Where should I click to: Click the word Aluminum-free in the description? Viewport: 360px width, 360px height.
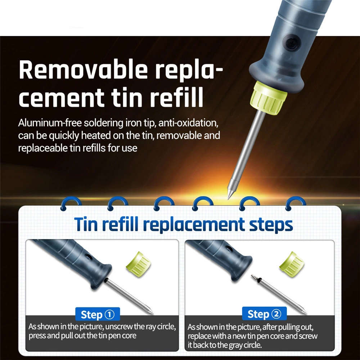pyautogui.click(x=50, y=123)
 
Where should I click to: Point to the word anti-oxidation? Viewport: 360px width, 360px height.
pyautogui.click(x=188, y=123)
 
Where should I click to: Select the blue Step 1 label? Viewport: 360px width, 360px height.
pyautogui.click(x=98, y=314)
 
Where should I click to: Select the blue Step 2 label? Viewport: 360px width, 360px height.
pyautogui.click(x=264, y=314)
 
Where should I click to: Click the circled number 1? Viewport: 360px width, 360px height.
pyautogui.click(x=109, y=314)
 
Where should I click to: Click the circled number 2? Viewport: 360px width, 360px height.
pyautogui.click(x=276, y=314)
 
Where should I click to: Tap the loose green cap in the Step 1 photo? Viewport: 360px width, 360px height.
pyautogui.click(x=139, y=264)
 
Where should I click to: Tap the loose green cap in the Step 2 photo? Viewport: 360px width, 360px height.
pyautogui.click(x=292, y=264)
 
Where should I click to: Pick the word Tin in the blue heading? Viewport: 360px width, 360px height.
pyautogui.click(x=86, y=224)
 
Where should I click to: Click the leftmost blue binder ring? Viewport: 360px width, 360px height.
pyautogui.click(x=71, y=201)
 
